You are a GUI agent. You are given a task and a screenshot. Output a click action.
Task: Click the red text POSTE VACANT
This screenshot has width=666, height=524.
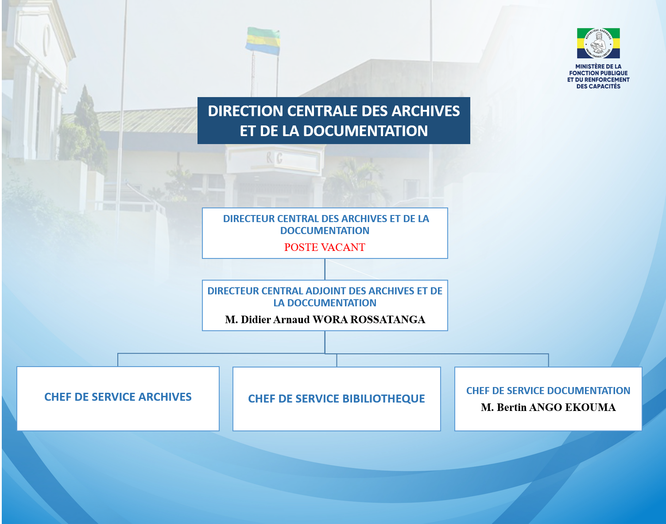[x=325, y=247]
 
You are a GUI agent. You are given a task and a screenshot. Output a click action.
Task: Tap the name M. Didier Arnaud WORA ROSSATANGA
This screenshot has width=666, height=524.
[x=325, y=320]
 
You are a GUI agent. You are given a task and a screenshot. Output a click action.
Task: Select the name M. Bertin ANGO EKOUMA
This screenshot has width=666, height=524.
[x=548, y=407]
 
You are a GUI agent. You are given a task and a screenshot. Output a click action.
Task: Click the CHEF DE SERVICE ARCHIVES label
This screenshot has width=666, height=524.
[x=118, y=397]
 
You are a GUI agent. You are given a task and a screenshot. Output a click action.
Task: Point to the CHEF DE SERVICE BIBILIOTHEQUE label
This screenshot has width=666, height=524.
[x=337, y=399]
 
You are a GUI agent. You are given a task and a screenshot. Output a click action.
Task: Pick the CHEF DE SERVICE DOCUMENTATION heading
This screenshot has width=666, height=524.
[x=548, y=391]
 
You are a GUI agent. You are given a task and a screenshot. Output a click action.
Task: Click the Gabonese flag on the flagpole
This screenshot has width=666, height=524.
[x=263, y=41]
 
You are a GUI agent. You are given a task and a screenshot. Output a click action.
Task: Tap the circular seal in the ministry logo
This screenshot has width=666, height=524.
[x=598, y=43]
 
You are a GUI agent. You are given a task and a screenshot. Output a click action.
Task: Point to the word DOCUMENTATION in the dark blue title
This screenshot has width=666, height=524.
[x=365, y=131]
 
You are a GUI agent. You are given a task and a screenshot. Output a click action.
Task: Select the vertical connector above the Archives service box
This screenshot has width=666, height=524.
[x=118, y=360]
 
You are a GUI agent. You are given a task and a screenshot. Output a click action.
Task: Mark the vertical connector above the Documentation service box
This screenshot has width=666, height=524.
[x=548, y=360]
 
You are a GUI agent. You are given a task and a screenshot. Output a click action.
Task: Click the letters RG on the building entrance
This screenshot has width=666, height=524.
[x=274, y=158]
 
